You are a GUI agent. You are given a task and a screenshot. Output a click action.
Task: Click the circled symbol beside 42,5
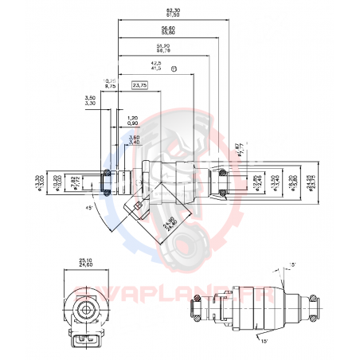pos(174,68)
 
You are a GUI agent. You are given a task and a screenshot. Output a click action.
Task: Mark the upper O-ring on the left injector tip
pos(106,171)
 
